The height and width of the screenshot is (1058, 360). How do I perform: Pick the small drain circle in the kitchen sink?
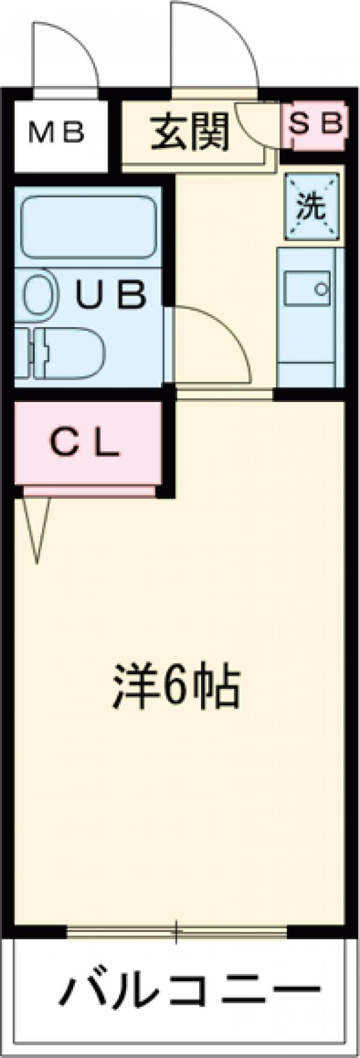(322, 290)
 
